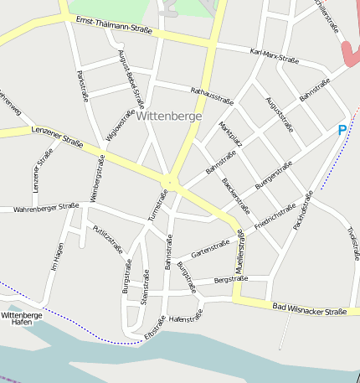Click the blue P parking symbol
coord(342,130)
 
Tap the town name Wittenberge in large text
coord(168,116)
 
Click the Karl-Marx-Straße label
coord(275,55)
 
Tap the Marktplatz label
coord(230,134)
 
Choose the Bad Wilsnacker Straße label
coord(310,309)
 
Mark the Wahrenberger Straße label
coord(46,206)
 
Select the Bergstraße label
coord(231,279)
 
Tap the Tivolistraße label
coord(352,244)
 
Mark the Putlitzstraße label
coord(108,238)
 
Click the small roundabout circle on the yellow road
coord(170,181)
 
